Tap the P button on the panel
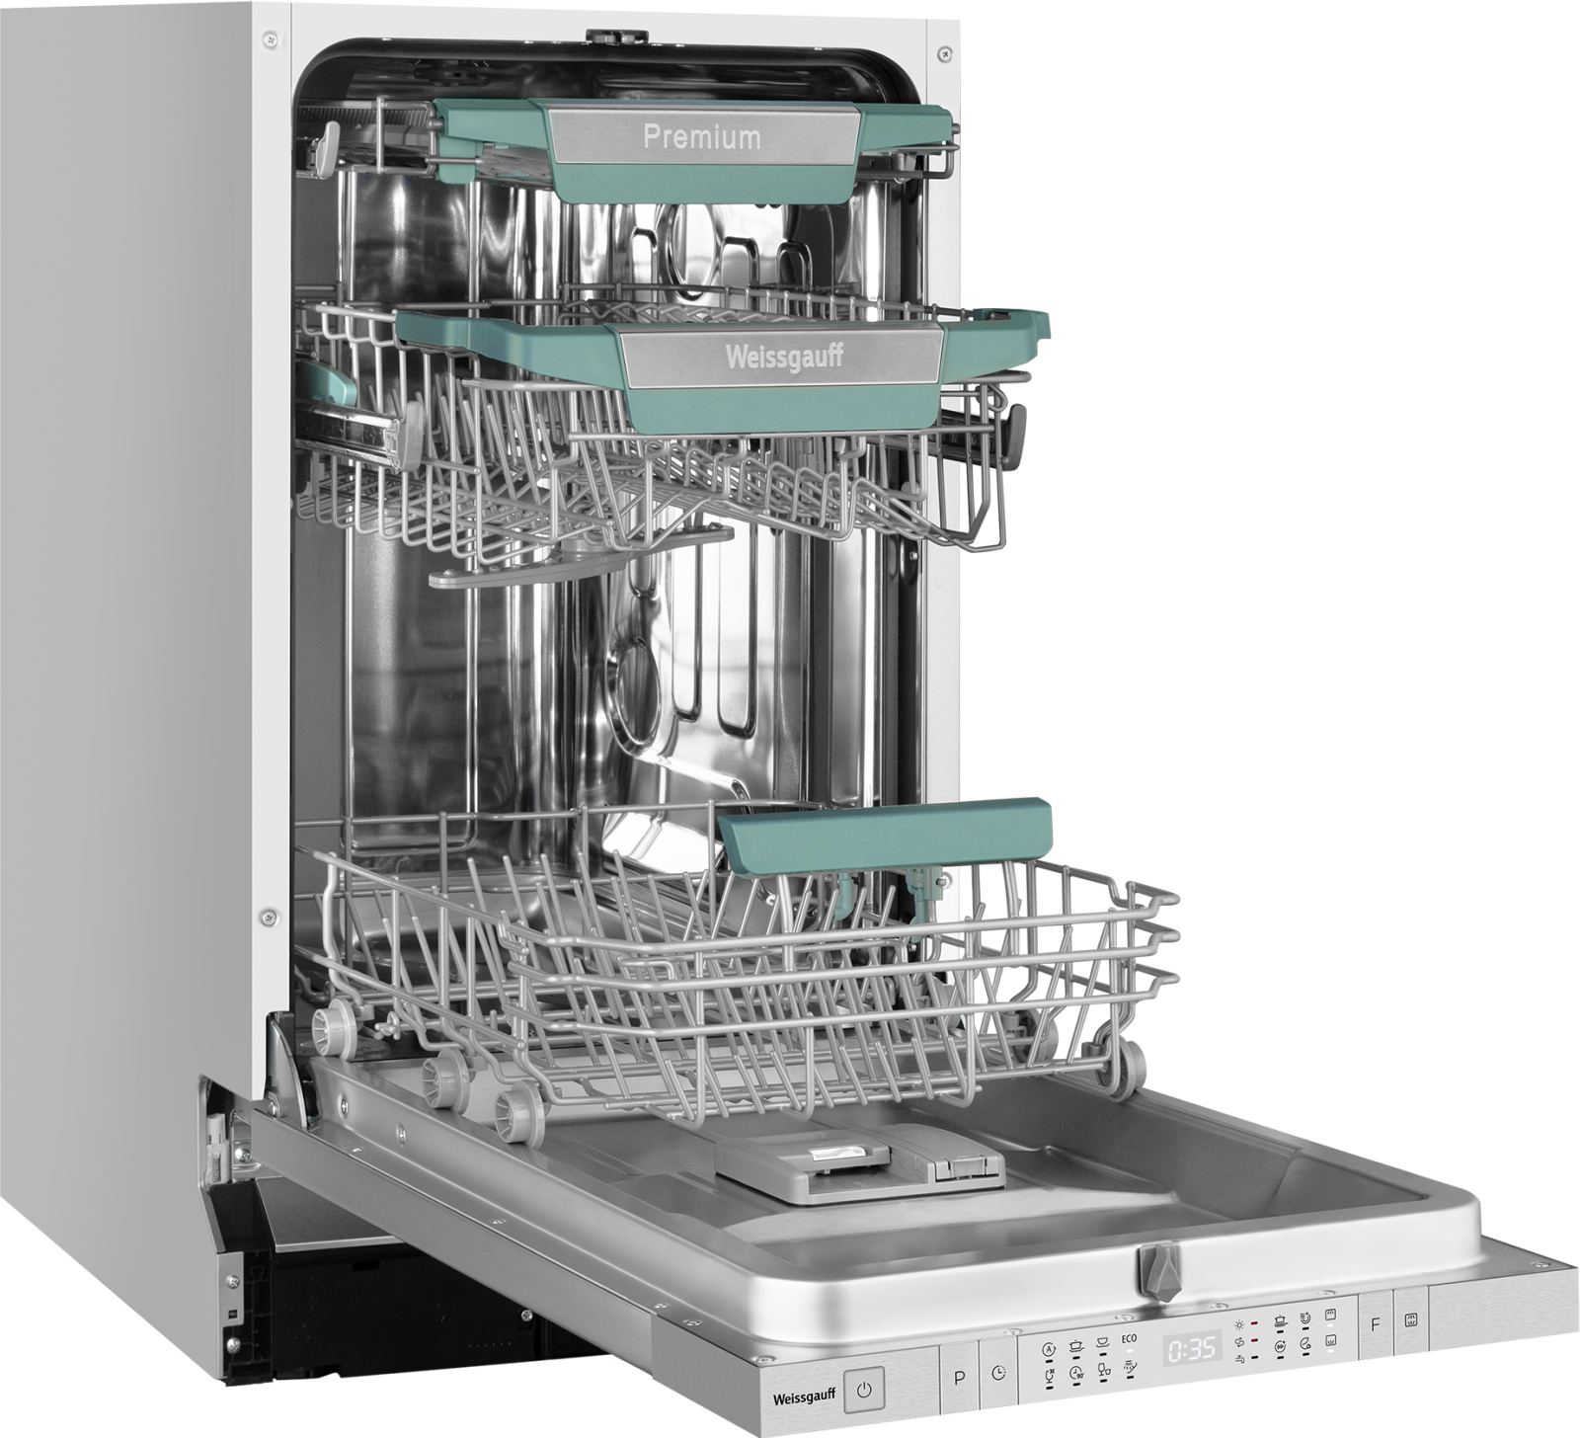(x=958, y=1376)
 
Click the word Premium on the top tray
(x=702, y=136)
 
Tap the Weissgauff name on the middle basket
(x=785, y=356)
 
